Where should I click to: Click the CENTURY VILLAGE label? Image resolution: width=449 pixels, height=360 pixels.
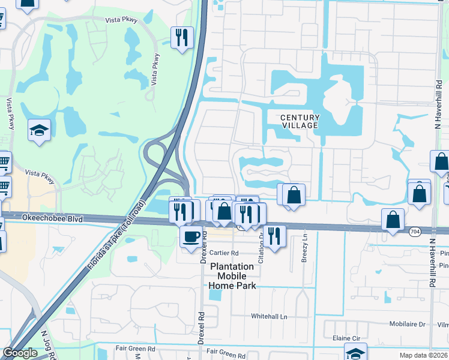(301, 121)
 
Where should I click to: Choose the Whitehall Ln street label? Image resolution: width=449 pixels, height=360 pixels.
(270, 316)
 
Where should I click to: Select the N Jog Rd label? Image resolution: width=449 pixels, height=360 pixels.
(48, 346)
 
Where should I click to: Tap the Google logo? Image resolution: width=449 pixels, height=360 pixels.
(20, 353)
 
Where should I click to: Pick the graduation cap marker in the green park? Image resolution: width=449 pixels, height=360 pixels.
(39, 130)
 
